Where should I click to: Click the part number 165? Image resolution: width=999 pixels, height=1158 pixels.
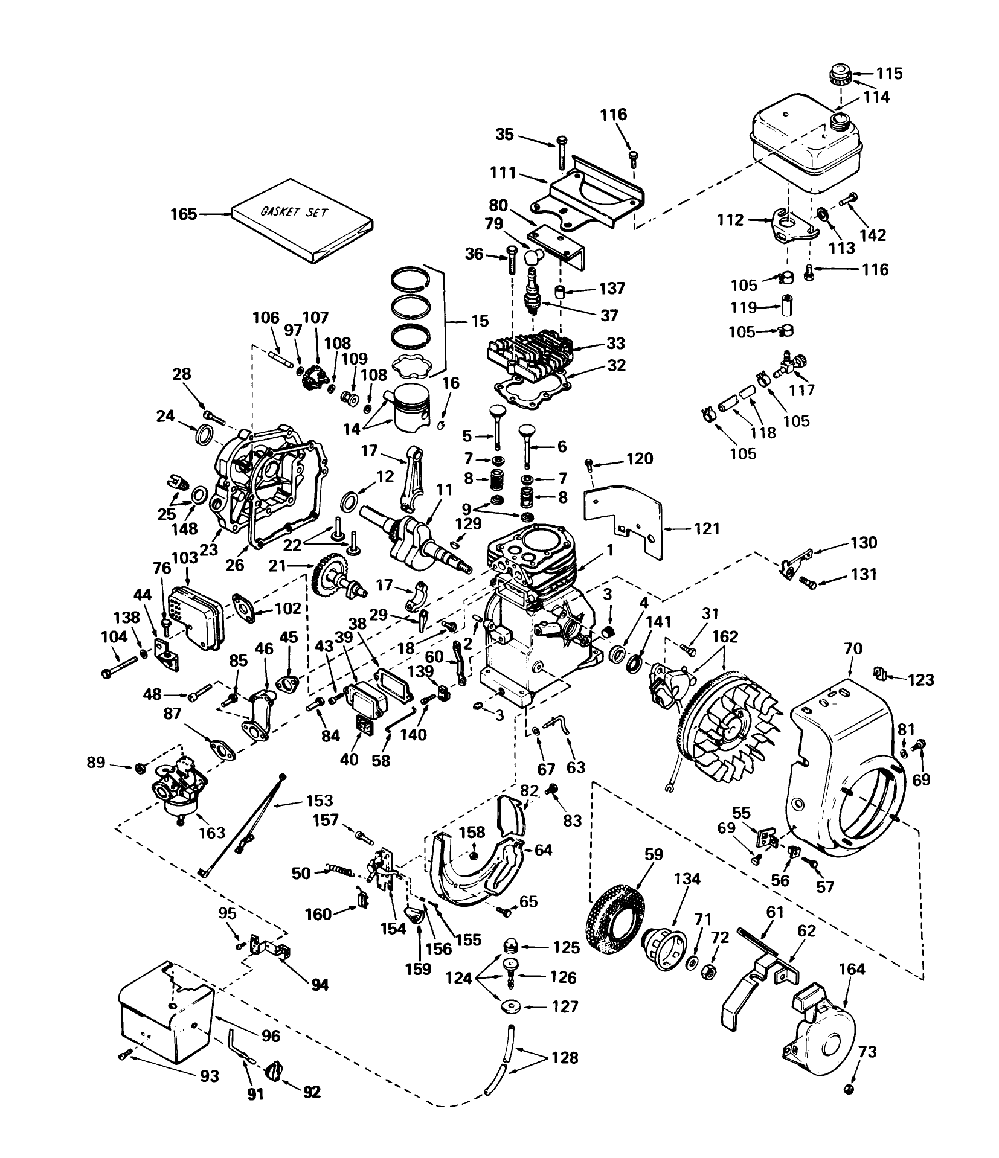pos(184,214)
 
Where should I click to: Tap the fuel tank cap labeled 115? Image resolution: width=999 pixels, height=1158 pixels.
pos(838,75)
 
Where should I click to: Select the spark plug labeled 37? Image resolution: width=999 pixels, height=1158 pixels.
pos(532,292)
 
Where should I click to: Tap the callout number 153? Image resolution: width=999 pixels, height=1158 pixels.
pos(319,801)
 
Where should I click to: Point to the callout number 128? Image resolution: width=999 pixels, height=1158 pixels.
pos(565,1058)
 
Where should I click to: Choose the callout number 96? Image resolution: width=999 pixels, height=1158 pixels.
pos(271,1037)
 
